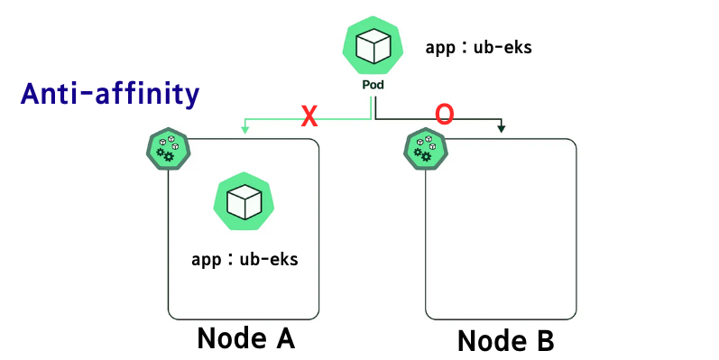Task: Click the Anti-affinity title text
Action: [109, 93]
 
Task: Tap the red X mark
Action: [309, 115]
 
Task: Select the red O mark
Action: [444, 114]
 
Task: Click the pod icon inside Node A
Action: [244, 201]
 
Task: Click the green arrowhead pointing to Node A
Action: [244, 129]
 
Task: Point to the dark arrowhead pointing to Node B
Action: [501, 130]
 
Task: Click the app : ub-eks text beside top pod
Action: [478, 47]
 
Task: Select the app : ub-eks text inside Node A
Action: [244, 260]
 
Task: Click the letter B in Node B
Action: [542, 341]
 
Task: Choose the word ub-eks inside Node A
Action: [268, 260]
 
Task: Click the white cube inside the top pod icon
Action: [372, 46]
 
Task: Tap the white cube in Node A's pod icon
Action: [244, 201]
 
